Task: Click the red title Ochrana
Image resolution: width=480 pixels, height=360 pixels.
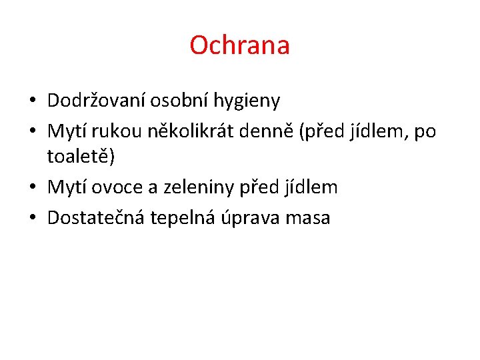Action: click(x=239, y=45)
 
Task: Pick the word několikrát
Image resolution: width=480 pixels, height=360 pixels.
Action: click(x=177, y=131)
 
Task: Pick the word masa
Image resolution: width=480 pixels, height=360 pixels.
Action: click(x=309, y=218)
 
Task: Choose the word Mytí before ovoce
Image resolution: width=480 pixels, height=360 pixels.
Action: click(x=67, y=187)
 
